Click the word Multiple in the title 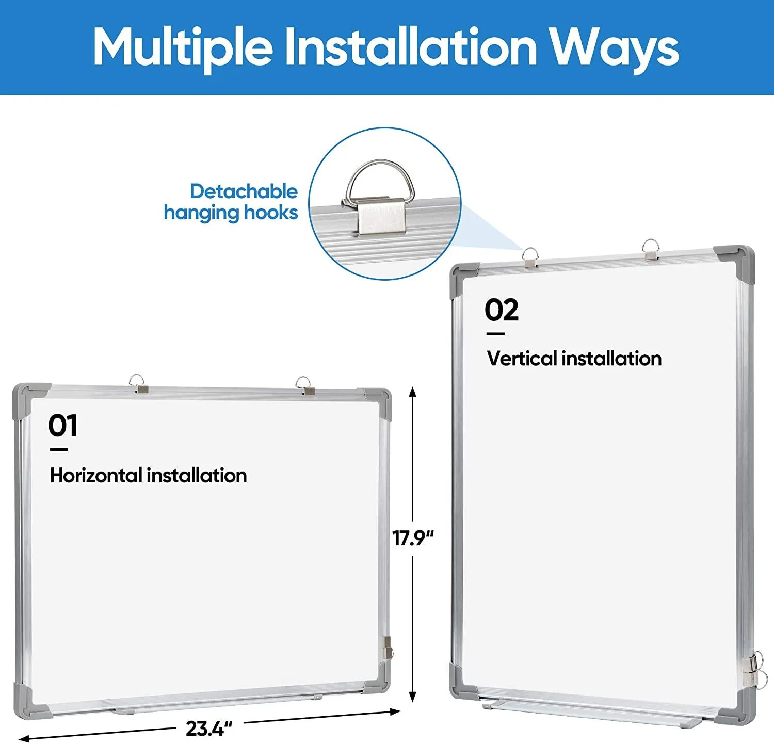click(183, 47)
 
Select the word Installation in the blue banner click(411, 46)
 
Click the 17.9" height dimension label click(413, 538)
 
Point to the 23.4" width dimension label click(209, 729)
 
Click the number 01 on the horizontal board click(63, 426)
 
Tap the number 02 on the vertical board click(502, 310)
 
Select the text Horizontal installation click(149, 475)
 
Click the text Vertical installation click(574, 358)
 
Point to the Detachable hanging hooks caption click(231, 202)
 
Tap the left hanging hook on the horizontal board click(138, 383)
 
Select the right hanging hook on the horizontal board click(305, 386)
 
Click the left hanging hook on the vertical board click(530, 257)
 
